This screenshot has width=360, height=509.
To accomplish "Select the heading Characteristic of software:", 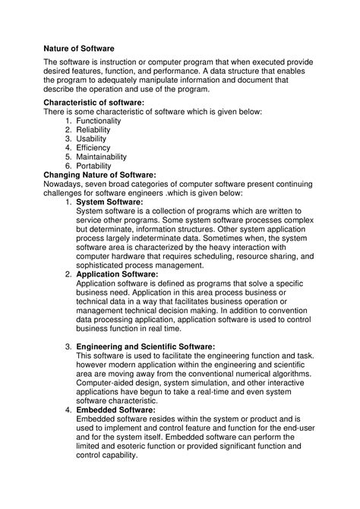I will (x=93, y=102).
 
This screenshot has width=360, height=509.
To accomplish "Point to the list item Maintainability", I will (x=107, y=157).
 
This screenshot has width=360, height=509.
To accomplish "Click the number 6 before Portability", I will (x=68, y=166).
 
